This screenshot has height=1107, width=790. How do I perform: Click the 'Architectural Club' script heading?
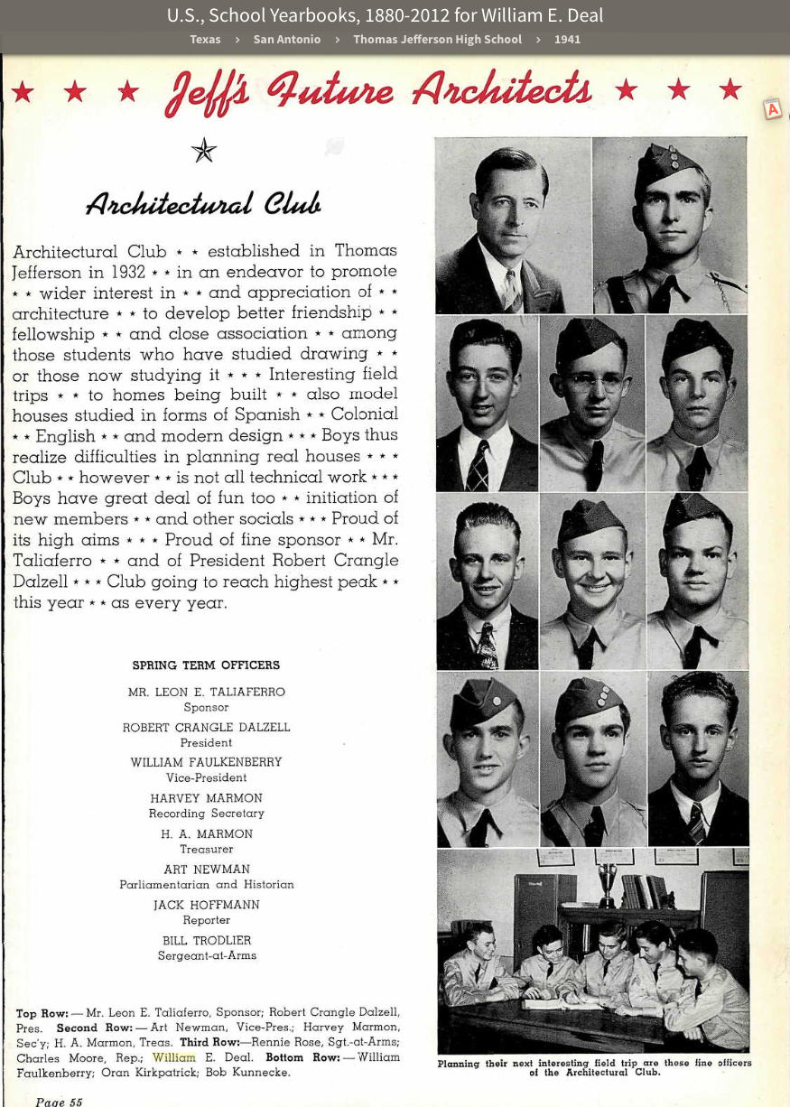pyautogui.click(x=203, y=204)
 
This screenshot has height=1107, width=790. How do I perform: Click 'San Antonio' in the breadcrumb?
pyautogui.click(x=286, y=39)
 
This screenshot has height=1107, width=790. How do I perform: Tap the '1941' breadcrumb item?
pyautogui.click(x=567, y=39)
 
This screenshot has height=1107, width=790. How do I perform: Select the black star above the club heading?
pyautogui.click(x=204, y=150)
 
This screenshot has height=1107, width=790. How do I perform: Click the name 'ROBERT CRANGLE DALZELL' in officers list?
pyautogui.click(x=206, y=727)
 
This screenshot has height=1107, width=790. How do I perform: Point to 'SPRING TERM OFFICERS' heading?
pyautogui.click(x=206, y=665)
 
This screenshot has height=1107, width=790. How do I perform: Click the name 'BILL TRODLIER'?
pyautogui.click(x=207, y=940)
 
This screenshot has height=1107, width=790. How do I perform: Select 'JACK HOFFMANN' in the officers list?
pyautogui.click(x=207, y=905)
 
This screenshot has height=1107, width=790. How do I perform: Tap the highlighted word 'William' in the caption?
pyautogui.click(x=174, y=1057)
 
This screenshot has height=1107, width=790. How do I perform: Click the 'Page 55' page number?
pyautogui.click(x=59, y=1102)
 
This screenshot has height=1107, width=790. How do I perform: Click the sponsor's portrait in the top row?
pyautogui.click(x=513, y=226)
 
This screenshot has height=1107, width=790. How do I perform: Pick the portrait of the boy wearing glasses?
pyautogui.click(x=592, y=402)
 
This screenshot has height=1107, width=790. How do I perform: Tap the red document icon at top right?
pyautogui.click(x=773, y=109)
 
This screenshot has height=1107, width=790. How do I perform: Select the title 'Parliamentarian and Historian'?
pyautogui.click(x=207, y=885)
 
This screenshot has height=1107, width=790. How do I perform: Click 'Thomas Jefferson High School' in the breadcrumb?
pyautogui.click(x=437, y=39)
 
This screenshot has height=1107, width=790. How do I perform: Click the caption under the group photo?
pyautogui.click(x=594, y=1067)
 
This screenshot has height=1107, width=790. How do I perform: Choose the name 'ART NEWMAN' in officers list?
pyautogui.click(x=207, y=870)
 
